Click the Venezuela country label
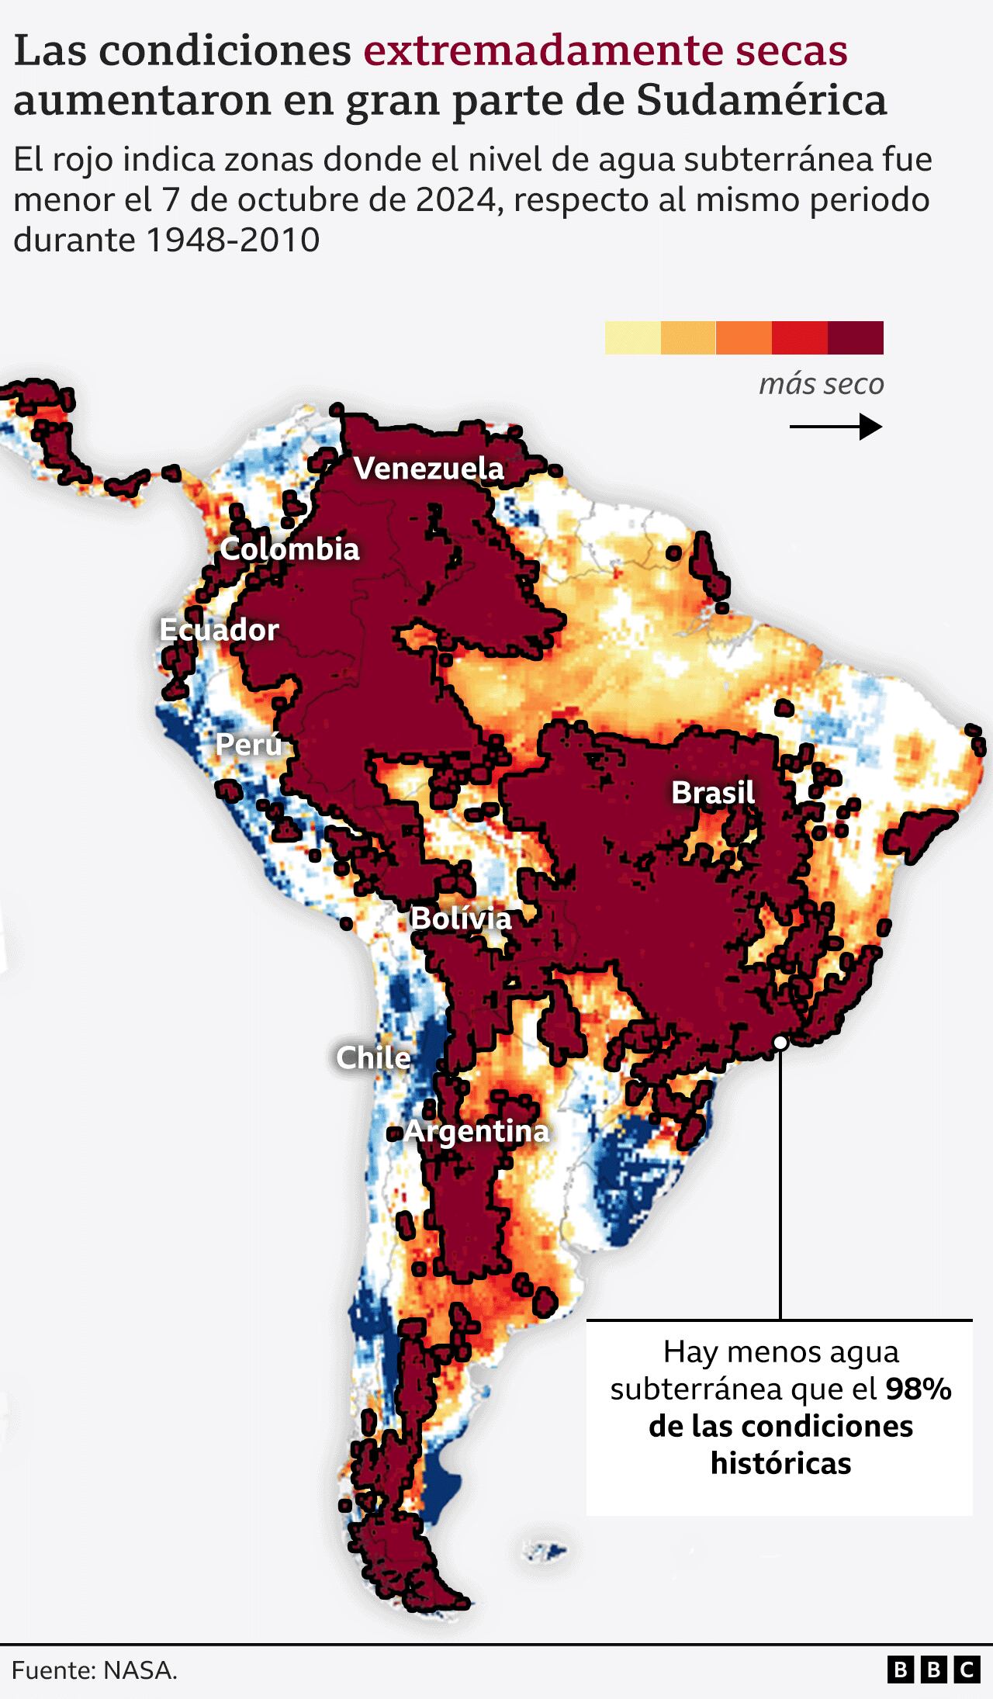coord(428,469)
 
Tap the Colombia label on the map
coord(289,549)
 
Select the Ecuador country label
coord(219,630)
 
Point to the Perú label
coord(248,745)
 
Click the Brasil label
coord(712,793)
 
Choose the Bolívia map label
coord(460,919)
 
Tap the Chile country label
coord(373,1057)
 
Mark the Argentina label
coord(476,1131)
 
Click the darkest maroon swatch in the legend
coord(855,337)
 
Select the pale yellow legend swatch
coord(632,337)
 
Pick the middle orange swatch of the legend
coord(743,337)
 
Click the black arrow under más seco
coord(836,427)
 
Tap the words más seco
coord(821,384)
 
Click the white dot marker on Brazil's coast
coord(780,1043)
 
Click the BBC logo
coord(933,1670)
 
